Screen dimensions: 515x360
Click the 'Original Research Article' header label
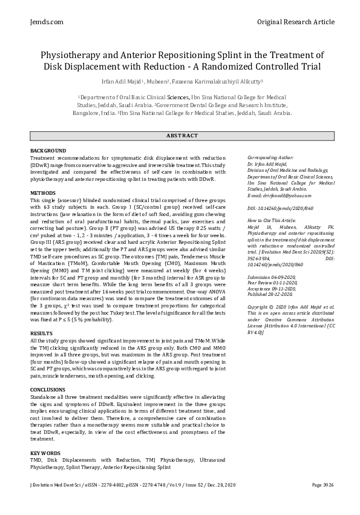click(295, 22)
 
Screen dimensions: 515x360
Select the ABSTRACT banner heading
click(180, 136)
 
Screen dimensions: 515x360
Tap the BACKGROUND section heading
click(48, 150)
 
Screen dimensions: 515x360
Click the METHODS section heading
click(43, 192)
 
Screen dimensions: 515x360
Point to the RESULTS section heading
click(42, 333)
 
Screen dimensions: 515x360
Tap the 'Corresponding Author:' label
click(270, 157)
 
